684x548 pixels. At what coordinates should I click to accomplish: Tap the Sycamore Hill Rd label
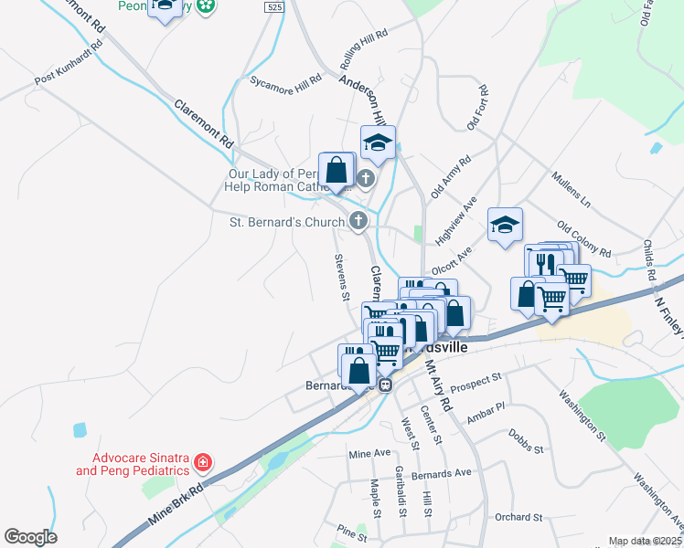[x=286, y=80]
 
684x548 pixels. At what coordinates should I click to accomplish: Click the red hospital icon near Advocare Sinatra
[x=203, y=463]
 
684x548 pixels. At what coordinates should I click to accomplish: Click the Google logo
[x=30, y=537]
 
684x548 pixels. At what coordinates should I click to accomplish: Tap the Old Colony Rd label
[x=583, y=238]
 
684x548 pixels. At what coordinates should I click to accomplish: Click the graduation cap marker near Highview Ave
[x=504, y=226]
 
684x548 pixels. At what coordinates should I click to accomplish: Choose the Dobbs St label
[x=526, y=450]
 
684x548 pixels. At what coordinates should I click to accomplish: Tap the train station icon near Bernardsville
[x=386, y=385]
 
